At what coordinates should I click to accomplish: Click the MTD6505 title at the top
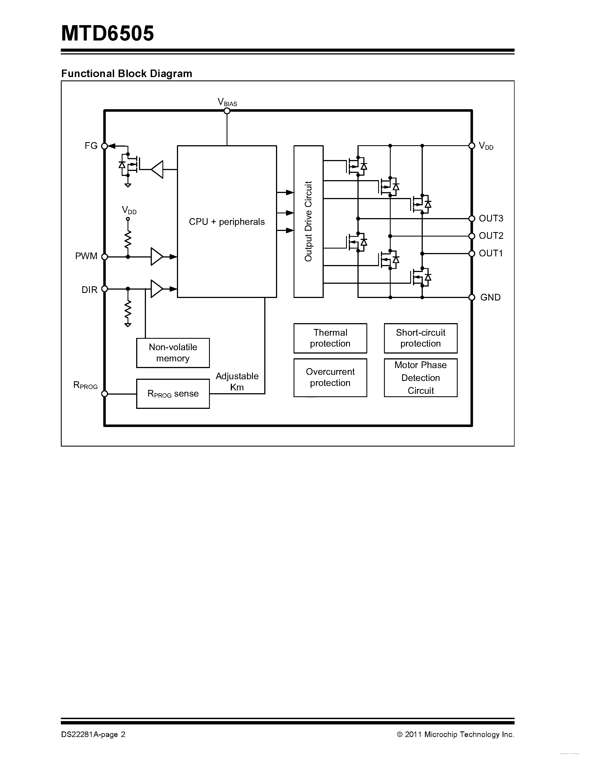(x=107, y=34)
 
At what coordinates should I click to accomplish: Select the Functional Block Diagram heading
(x=126, y=73)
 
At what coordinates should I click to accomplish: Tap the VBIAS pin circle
(x=227, y=111)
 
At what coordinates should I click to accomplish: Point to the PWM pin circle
(x=104, y=257)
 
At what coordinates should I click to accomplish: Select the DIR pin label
(x=89, y=290)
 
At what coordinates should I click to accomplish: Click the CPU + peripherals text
(x=227, y=222)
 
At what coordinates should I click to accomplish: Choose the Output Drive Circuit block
(x=308, y=221)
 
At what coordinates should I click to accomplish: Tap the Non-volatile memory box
(x=173, y=353)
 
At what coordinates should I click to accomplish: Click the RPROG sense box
(x=173, y=393)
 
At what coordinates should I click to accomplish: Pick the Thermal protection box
(x=330, y=338)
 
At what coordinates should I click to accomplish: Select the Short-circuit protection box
(x=421, y=338)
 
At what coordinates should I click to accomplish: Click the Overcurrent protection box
(x=330, y=377)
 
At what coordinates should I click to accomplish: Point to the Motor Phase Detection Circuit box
(x=421, y=378)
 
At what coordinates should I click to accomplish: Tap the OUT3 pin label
(x=491, y=218)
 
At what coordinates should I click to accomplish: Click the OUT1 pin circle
(x=472, y=254)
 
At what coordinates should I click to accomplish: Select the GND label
(x=490, y=297)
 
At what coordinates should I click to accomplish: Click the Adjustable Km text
(x=237, y=381)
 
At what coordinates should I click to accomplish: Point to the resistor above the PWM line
(x=128, y=239)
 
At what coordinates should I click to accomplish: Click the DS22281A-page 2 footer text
(x=93, y=734)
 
